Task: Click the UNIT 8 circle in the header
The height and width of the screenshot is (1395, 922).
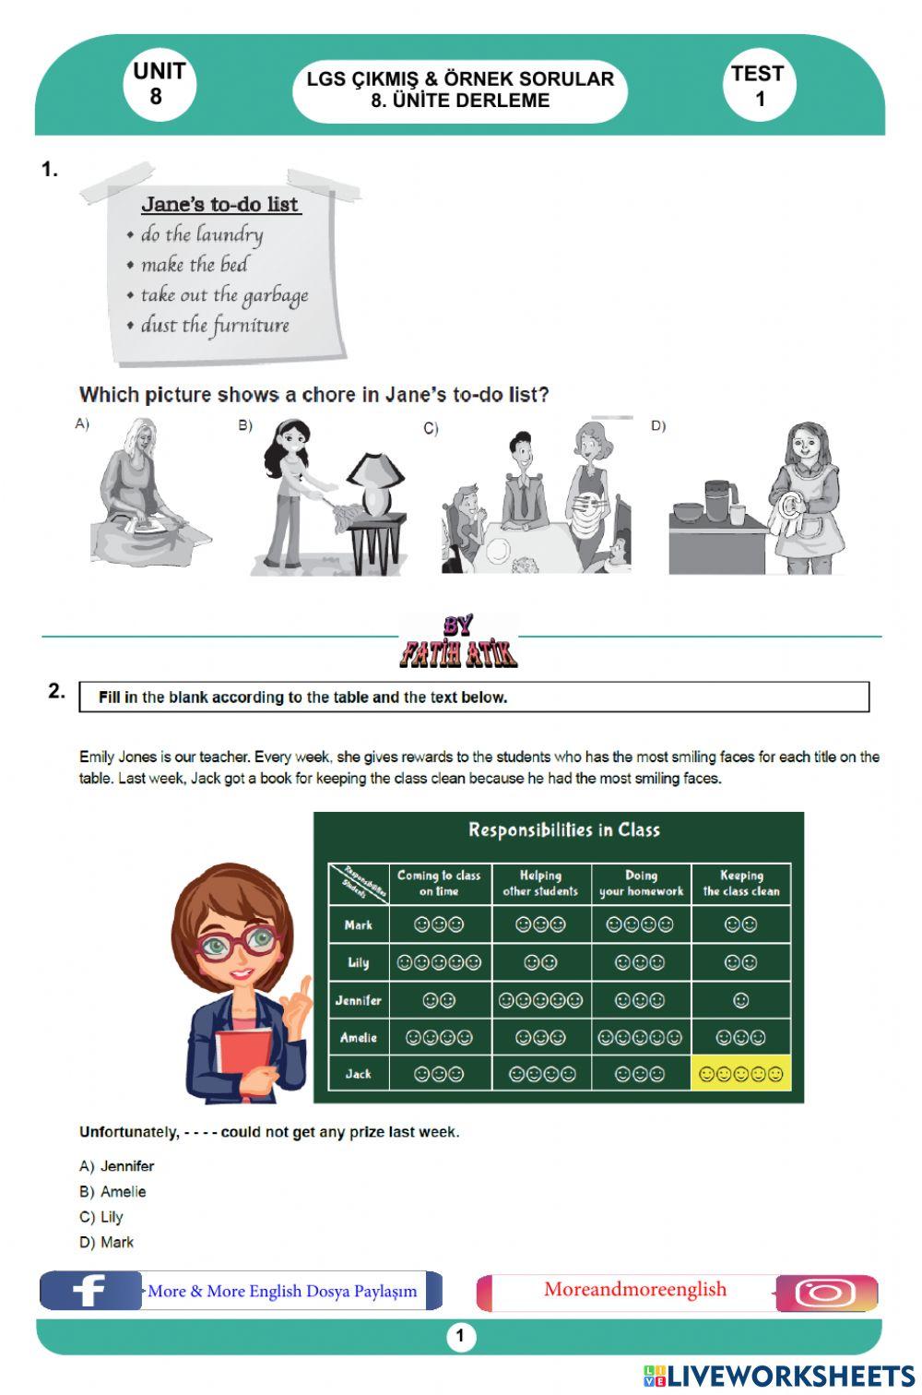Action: pos(160,85)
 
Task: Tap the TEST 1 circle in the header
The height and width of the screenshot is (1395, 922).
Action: pos(759,85)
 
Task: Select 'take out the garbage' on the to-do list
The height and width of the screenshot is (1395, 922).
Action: pos(224,296)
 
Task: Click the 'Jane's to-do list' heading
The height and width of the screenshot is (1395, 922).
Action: pos(220,204)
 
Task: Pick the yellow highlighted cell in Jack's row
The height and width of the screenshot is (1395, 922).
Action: pos(741,1073)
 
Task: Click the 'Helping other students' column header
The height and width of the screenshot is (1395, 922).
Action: pos(540,883)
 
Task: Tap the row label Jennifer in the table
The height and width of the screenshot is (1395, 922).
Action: pos(358,1000)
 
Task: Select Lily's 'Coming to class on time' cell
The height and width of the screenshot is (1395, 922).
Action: pos(440,963)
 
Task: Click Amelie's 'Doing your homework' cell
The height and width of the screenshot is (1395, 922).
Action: pos(640,1038)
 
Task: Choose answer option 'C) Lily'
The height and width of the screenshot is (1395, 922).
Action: pos(101,1217)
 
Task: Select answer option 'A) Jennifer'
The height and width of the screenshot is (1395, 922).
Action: pos(116,1166)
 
